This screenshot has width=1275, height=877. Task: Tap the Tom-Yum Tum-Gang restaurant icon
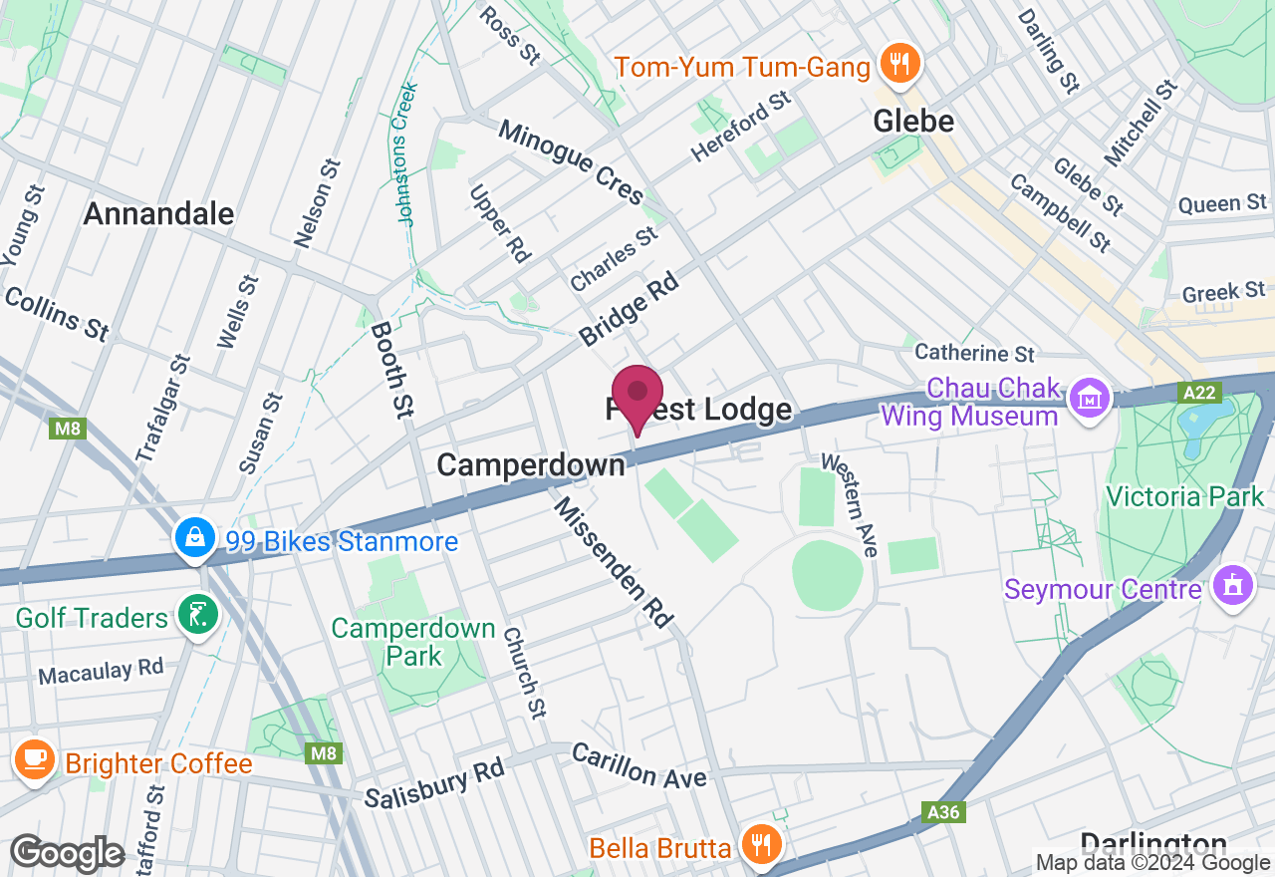(899, 66)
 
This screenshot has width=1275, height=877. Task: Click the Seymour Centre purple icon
(1233, 587)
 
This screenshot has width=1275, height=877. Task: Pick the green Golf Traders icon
(197, 616)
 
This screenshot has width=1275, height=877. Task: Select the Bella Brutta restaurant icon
(762, 847)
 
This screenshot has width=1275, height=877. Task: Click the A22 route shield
(1199, 394)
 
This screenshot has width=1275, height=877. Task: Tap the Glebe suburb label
(913, 122)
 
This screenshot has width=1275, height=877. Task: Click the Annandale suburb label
(159, 213)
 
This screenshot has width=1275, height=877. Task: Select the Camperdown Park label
(413, 642)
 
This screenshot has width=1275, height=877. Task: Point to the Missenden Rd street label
(615, 563)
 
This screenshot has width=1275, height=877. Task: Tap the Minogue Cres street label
(571, 161)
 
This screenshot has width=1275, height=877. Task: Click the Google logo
(67, 853)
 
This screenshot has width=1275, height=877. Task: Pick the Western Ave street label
(850, 504)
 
